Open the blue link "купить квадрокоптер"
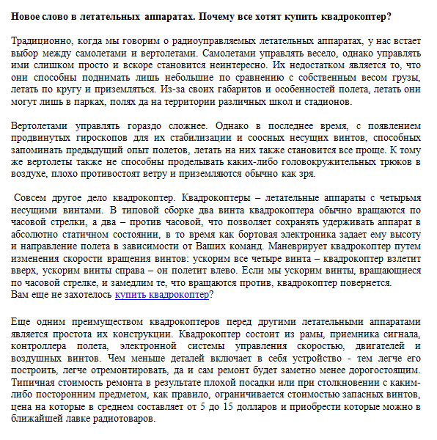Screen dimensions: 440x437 [x=161, y=295]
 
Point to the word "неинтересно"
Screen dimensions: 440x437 [x=230, y=66]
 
